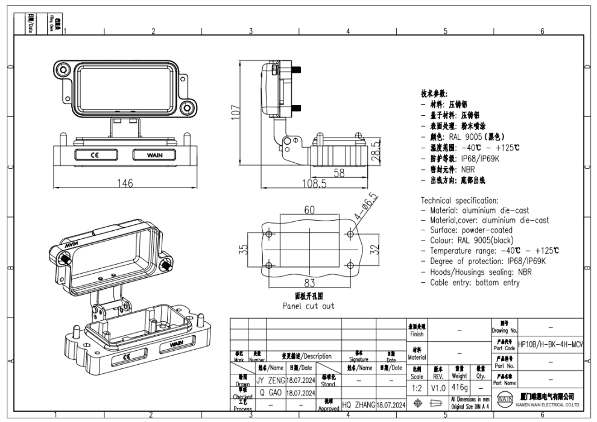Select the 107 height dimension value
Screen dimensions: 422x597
[x=236, y=111]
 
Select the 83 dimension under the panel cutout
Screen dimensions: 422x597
[x=309, y=283]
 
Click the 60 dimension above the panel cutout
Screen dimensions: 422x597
[x=309, y=210]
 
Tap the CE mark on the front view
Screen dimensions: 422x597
[x=95, y=155]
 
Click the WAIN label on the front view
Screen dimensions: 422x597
[x=154, y=155]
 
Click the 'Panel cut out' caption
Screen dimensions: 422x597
[x=308, y=306]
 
